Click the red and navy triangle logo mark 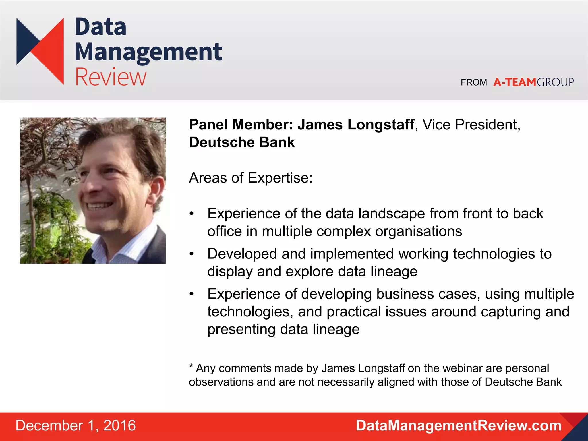click(x=40, y=50)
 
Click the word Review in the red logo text click(x=111, y=77)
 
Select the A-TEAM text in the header click(x=514, y=82)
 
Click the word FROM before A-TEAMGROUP click(x=474, y=83)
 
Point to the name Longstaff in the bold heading click(x=381, y=125)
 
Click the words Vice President click(x=471, y=125)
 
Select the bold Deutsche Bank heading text click(x=242, y=142)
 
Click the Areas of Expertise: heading click(x=251, y=178)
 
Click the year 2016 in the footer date click(x=119, y=425)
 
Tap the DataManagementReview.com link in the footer click(x=459, y=425)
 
